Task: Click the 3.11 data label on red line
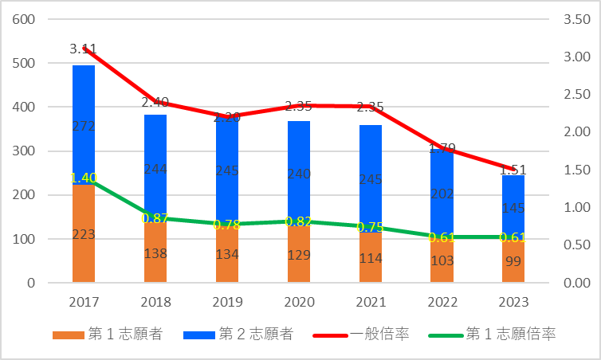tap(84, 49)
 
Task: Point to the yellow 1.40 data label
tap(84, 178)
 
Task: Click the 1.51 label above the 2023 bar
tap(513, 170)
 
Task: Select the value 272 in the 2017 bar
tap(84, 125)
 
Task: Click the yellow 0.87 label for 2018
tap(155, 217)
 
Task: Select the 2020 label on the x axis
tap(298, 303)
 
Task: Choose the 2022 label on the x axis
tap(442, 303)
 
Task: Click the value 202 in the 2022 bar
tap(442, 193)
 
